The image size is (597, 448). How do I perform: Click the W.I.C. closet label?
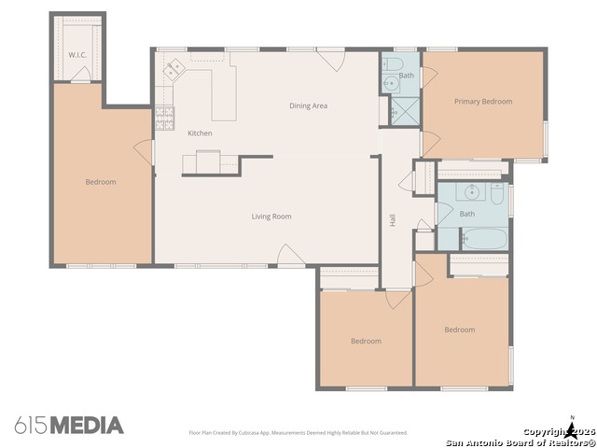click(76, 55)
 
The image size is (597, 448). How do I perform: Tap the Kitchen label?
click(200, 133)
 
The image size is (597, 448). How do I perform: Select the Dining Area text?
click(308, 106)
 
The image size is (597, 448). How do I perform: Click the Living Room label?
click(271, 217)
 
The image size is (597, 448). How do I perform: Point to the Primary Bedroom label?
click(483, 102)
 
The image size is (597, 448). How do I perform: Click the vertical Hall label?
click(393, 220)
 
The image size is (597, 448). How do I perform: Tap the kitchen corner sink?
click(172, 67)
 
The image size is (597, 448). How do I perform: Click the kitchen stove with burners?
click(164, 118)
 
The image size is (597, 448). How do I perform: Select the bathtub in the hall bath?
click(483, 238)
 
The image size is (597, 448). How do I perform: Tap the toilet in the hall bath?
click(497, 195)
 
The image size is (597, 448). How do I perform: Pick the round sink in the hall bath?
click(472, 192)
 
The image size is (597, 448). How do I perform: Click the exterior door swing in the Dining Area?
click(331, 61)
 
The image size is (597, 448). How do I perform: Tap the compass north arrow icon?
click(572, 428)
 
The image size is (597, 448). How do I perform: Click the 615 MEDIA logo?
click(68, 426)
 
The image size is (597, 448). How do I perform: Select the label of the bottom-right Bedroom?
click(459, 329)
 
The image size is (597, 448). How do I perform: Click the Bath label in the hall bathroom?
click(466, 214)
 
